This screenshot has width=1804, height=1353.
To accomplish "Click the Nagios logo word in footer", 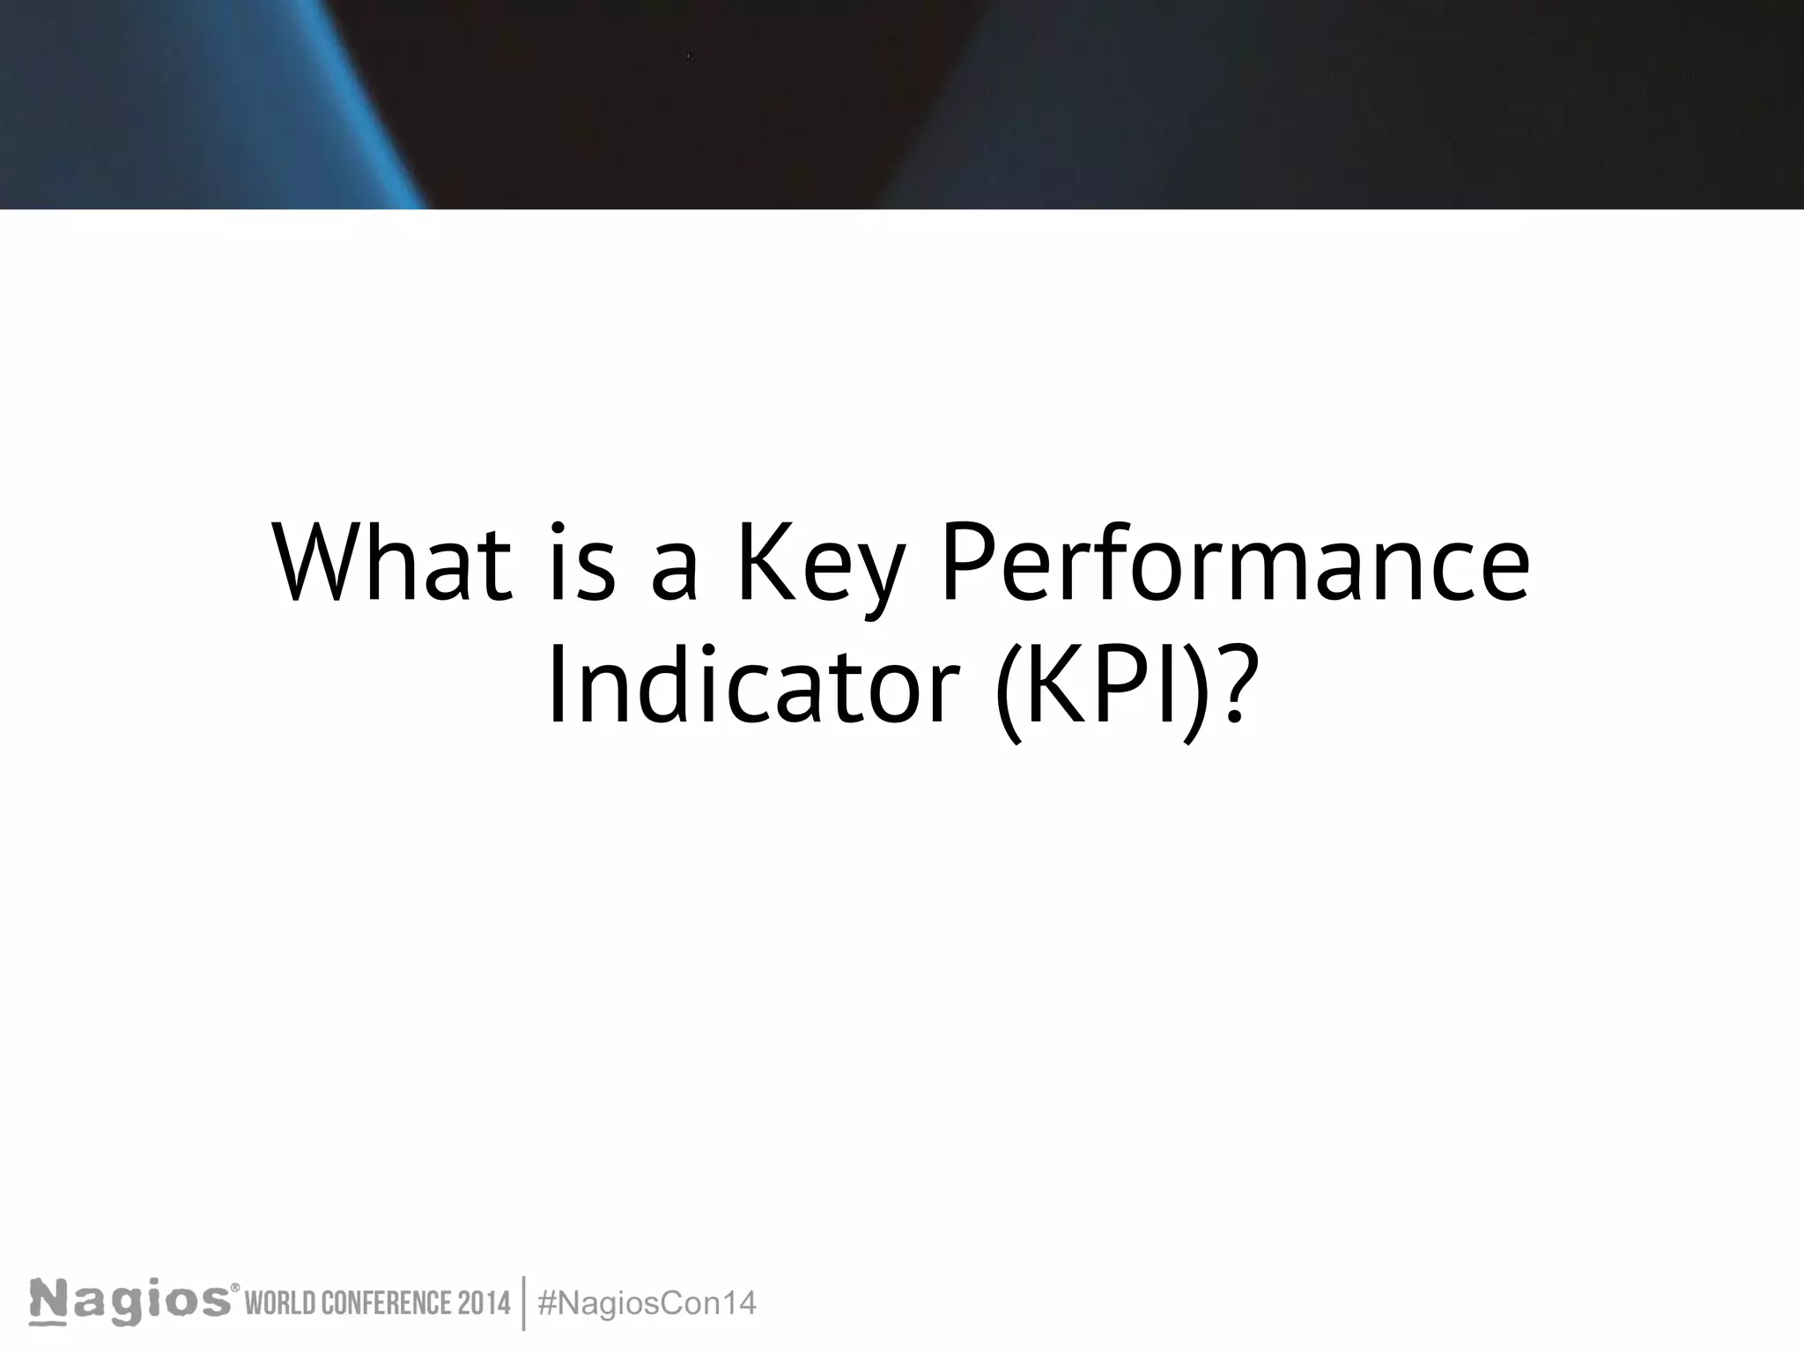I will (129, 1302).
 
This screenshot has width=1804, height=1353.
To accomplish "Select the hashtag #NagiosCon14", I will (647, 1303).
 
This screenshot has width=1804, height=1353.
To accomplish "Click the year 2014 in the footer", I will (483, 1303).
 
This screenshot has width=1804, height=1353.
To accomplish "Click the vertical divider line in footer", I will (524, 1303).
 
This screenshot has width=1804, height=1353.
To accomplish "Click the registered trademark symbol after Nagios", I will (235, 1289).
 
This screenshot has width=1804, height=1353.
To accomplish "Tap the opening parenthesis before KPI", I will (1009, 687).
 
